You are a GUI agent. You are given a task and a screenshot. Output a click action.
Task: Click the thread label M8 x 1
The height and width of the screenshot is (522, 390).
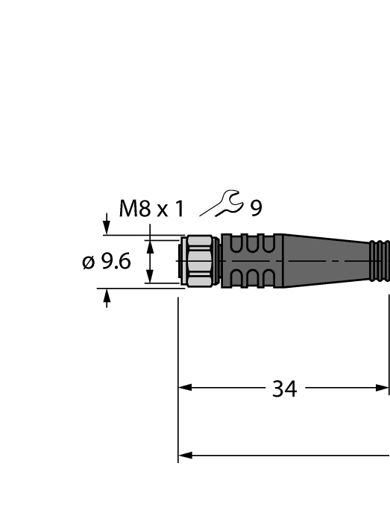pos(151,209)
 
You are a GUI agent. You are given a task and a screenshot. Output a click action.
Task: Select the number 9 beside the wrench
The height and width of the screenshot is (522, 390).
pos(256,209)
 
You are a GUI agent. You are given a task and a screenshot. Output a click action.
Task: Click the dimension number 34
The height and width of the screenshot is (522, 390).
pos(283,389)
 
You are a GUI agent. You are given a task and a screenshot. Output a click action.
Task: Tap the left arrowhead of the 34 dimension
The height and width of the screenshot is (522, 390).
pos(186,388)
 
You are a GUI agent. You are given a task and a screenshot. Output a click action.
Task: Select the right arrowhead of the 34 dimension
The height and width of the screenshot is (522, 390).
pos(382,388)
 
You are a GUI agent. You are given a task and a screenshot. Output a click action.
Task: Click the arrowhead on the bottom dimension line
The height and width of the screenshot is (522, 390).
pos(186,455)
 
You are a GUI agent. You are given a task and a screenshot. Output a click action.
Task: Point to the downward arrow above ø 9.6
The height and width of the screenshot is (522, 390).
pos(107,227)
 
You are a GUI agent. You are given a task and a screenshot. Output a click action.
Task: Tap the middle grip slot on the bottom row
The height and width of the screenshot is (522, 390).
pos(251,278)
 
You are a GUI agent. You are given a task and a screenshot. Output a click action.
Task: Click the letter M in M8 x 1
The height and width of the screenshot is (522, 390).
pos(128,209)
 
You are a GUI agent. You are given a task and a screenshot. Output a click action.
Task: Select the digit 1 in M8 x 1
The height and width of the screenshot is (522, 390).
pos(178,209)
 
